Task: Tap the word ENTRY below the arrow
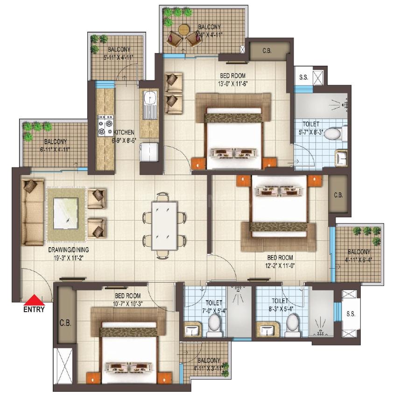(34, 309)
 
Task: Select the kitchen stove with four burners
(105, 125)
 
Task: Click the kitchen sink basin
(150, 99)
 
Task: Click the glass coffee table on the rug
(65, 213)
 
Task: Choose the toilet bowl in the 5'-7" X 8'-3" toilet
(332, 134)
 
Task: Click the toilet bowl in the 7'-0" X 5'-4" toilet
(214, 323)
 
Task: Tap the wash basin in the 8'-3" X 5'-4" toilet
(267, 331)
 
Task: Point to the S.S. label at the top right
(303, 77)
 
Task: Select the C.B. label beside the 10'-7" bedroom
(64, 322)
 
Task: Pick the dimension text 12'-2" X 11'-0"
(280, 266)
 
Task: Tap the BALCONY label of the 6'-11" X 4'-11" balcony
(55, 142)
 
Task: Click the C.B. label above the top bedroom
(267, 51)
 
